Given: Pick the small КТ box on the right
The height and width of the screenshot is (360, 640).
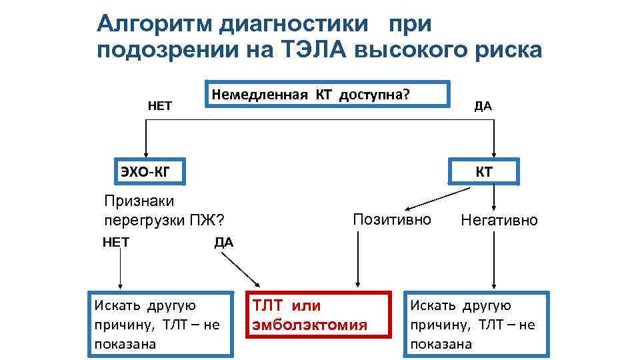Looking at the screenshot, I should [485, 172].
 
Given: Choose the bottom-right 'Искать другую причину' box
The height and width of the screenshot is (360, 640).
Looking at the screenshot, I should [477, 324].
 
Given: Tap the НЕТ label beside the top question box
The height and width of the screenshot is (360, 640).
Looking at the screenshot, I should [160, 105].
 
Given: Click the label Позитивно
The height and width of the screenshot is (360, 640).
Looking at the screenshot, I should [392, 219].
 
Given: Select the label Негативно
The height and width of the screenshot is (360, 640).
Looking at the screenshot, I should [499, 220].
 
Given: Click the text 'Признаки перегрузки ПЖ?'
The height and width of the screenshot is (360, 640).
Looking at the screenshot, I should [164, 211].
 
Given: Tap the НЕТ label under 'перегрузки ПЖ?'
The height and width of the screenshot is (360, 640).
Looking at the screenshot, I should [116, 242].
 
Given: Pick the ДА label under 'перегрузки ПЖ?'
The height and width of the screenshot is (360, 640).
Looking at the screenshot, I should [224, 242].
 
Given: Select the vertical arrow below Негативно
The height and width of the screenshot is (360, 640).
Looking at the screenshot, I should [494, 260].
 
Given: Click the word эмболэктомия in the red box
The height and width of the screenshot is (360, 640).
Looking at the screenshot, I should [309, 325].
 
